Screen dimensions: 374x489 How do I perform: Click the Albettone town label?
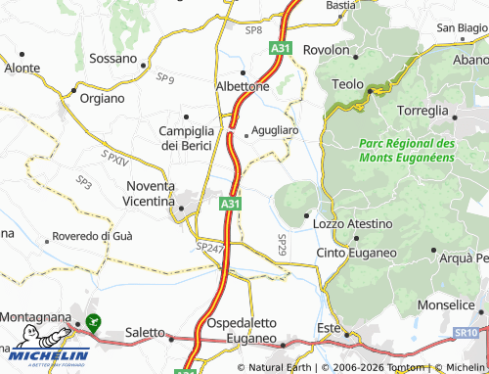click(x=242, y=86)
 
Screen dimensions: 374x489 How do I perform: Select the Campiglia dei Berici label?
click(x=192, y=137)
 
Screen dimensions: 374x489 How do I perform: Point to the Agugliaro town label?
click(x=274, y=128)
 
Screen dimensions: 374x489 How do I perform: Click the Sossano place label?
click(x=112, y=58)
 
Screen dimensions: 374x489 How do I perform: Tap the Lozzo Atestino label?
click(x=352, y=224)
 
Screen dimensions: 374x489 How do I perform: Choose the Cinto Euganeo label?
click(x=356, y=253)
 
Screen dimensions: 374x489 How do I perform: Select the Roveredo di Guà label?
click(x=93, y=236)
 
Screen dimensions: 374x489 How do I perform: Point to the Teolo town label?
click(x=347, y=84)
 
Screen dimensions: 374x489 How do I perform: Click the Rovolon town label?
click(x=327, y=49)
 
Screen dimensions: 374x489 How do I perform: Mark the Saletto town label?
click(x=145, y=333)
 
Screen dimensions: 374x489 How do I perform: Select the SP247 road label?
click(x=209, y=249)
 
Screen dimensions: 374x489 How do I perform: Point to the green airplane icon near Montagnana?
click(x=94, y=320)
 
